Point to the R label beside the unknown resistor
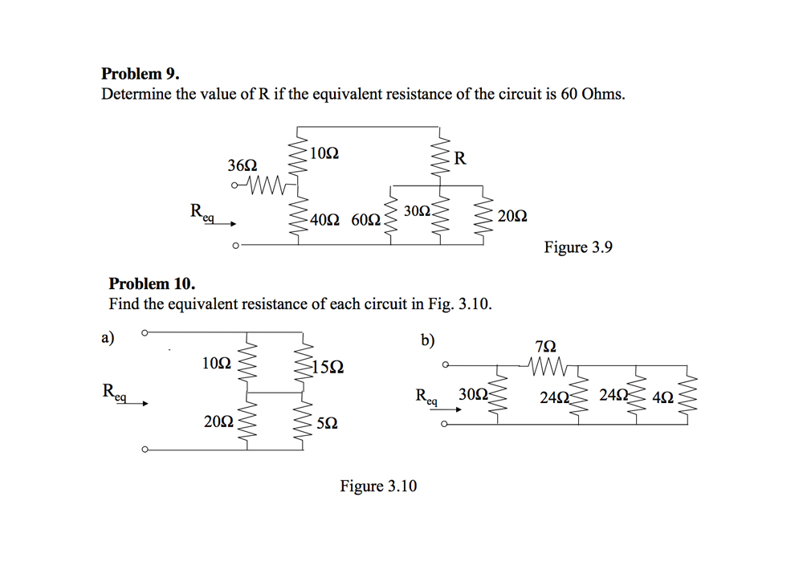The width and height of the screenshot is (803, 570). (459, 157)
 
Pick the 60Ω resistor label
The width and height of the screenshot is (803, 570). (365, 219)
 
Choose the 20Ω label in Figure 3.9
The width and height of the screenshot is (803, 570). (512, 216)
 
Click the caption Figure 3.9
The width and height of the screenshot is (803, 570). (577, 247)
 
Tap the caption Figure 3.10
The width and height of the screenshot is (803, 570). (378, 486)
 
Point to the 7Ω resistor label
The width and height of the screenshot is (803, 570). (544, 347)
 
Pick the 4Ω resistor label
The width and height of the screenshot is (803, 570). (664, 397)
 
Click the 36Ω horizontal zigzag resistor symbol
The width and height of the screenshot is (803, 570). (265, 187)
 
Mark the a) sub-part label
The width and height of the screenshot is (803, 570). (108, 337)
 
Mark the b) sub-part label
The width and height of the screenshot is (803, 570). (428, 340)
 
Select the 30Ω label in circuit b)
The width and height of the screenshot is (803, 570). (472, 394)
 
